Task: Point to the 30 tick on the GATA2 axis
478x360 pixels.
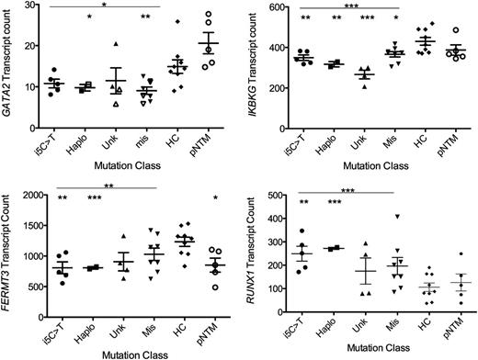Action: coord(28,6)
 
